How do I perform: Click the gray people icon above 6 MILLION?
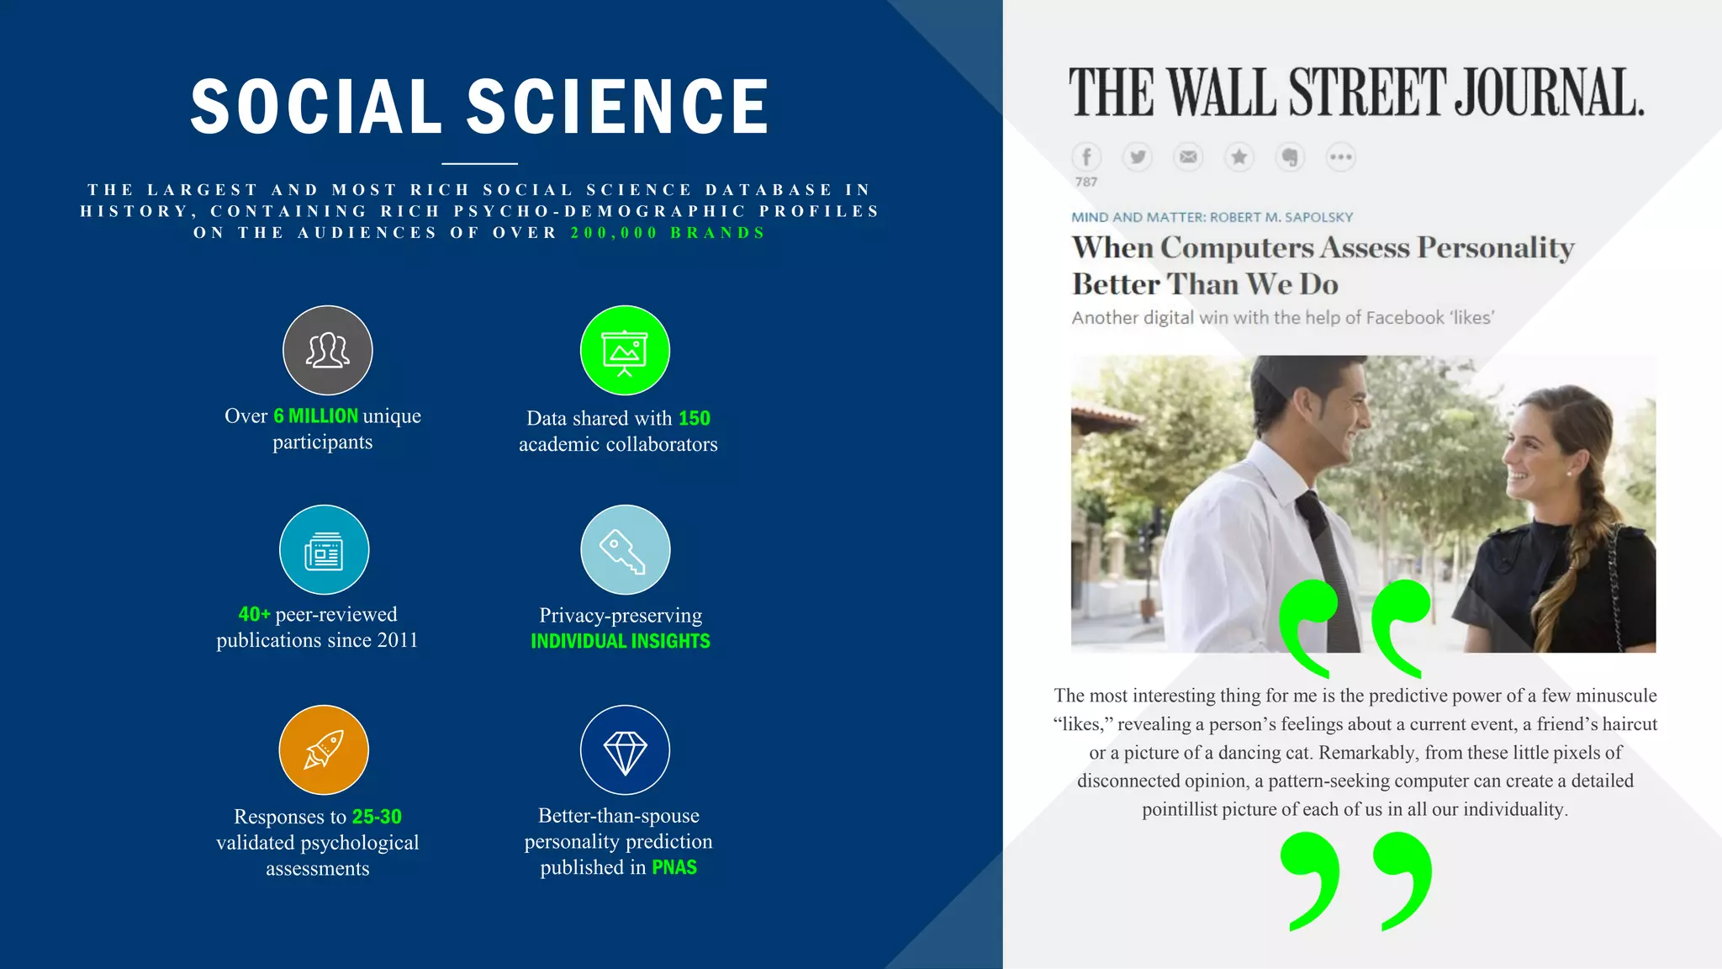[327, 350]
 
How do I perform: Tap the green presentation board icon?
[625, 350]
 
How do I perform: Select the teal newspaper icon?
[324, 550]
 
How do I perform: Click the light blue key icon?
[625, 550]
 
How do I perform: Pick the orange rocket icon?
[324, 749]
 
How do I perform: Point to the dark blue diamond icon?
[625, 749]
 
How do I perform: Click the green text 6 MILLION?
[316, 416]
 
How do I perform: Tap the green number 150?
[695, 418]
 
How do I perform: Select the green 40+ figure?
[254, 615]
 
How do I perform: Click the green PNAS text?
[674, 867]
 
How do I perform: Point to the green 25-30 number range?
[377, 817]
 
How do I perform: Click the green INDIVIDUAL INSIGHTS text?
[621, 641]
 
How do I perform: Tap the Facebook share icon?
[1086, 157]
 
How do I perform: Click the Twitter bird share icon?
[1138, 157]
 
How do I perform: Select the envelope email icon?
[1188, 157]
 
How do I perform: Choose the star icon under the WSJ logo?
[1239, 157]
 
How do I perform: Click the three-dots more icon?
[1340, 157]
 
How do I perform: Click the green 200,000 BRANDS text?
[668, 233]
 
